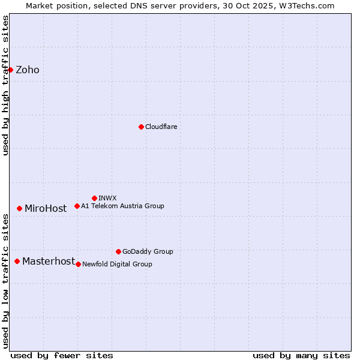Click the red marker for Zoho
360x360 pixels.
pyautogui.click(x=10, y=70)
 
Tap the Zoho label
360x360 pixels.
pyautogui.click(x=28, y=70)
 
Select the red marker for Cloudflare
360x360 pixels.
pyautogui.click(x=141, y=127)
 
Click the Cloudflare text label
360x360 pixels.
pyautogui.click(x=161, y=127)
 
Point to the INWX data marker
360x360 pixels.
pyautogui.click(x=94, y=198)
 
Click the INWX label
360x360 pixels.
pyautogui.click(x=107, y=198)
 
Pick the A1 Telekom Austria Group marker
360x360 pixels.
pyautogui.click(x=77, y=206)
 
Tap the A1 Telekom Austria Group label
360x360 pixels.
pyautogui.click(x=122, y=206)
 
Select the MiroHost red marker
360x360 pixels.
pyautogui.click(x=19, y=208)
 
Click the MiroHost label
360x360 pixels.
pyautogui.click(x=46, y=209)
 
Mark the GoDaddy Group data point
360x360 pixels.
pyautogui.click(x=118, y=251)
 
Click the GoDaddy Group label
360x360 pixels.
pyautogui.click(x=148, y=251)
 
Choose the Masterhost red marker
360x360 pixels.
pyautogui.click(x=17, y=261)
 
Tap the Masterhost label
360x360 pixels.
pyautogui.click(x=49, y=262)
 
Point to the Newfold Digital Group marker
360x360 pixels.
pyautogui.click(x=78, y=264)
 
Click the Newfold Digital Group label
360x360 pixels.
pyautogui.click(x=117, y=264)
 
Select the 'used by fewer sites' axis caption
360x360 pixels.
pyautogui.click(x=62, y=355)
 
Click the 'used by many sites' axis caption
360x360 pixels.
pyautogui.click(x=301, y=355)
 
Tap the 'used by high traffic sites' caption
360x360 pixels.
pyautogui.click(x=5, y=85)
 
